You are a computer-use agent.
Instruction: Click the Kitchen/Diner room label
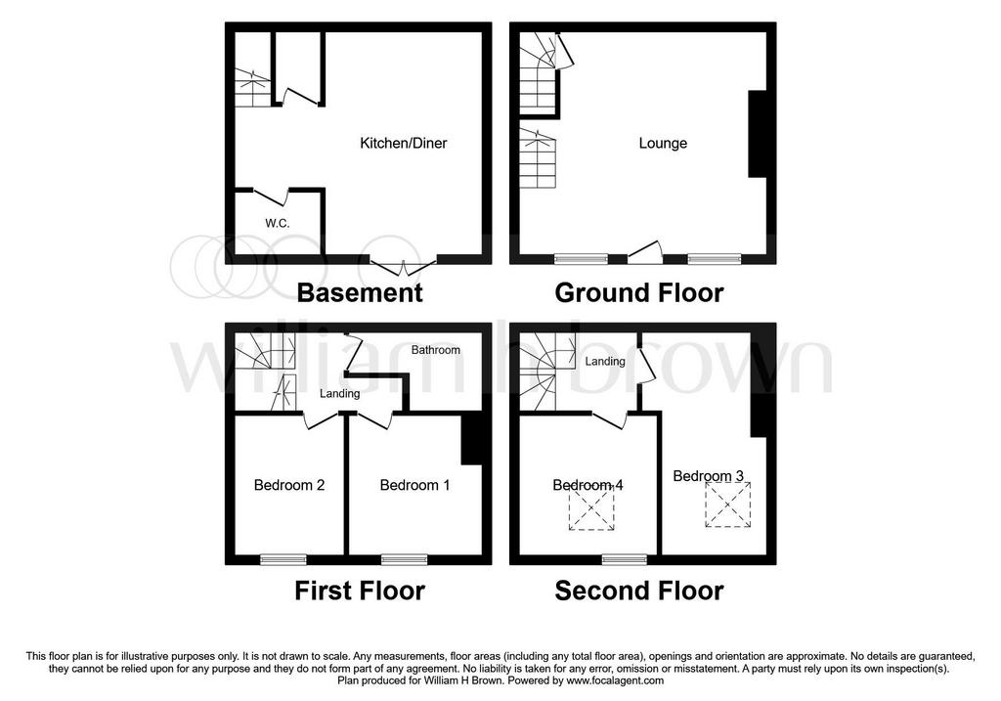(404, 143)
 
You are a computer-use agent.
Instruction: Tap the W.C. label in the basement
(278, 224)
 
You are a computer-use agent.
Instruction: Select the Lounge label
(663, 143)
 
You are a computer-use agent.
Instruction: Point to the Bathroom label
(435, 350)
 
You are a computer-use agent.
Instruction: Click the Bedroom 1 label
(414, 485)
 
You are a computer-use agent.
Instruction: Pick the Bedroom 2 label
(289, 485)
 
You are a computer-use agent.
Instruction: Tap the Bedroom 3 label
(708, 476)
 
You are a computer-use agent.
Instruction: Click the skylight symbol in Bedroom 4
(591, 506)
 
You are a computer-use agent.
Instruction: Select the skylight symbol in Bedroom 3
(727, 504)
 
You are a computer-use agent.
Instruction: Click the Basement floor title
(360, 293)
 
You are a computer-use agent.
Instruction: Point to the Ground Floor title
(639, 293)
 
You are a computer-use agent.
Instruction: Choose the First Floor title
(360, 591)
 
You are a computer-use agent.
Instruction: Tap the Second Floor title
(639, 591)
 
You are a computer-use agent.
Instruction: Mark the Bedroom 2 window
(283, 560)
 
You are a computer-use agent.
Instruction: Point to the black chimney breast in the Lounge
(758, 134)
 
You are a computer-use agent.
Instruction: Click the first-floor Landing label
(339, 393)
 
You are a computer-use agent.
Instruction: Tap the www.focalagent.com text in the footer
(616, 680)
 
